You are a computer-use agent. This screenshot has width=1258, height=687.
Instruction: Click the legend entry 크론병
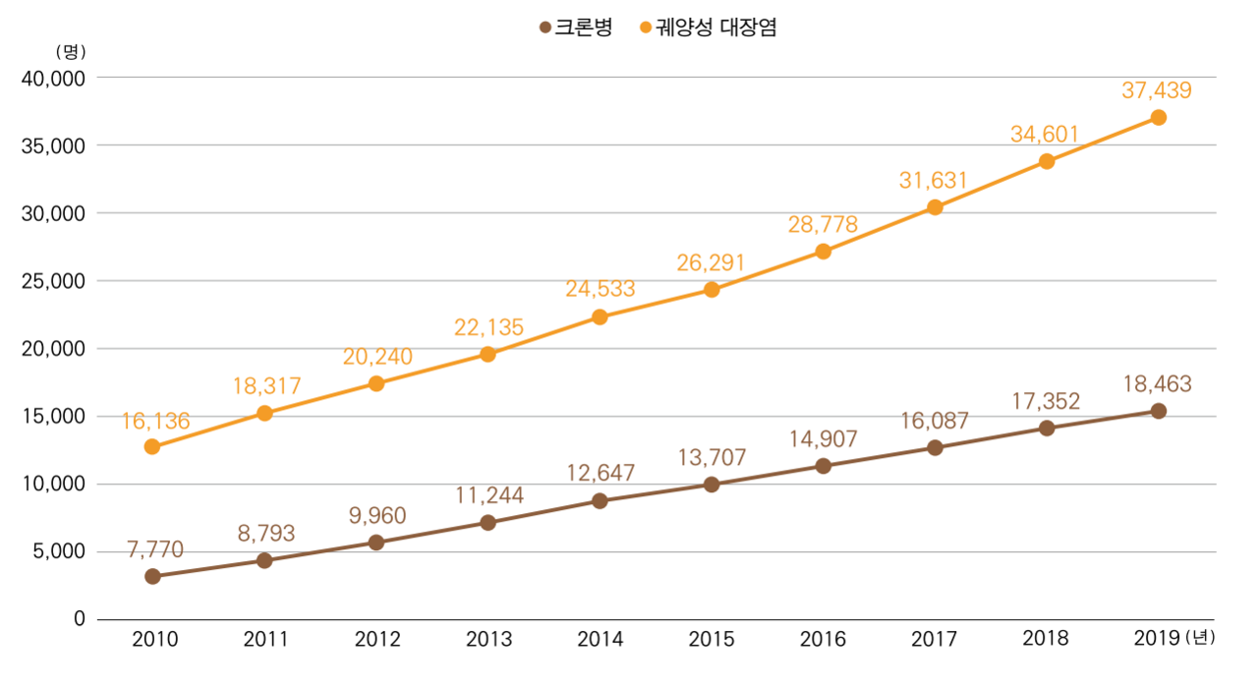(x=576, y=28)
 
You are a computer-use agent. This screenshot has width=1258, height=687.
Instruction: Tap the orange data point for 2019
(x=1158, y=117)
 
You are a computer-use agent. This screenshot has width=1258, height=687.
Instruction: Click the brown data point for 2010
(x=152, y=577)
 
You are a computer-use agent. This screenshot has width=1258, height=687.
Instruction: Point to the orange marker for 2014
(x=600, y=316)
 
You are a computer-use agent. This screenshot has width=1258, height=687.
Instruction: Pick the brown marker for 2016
(x=823, y=466)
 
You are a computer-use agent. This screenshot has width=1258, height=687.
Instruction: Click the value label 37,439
(x=1157, y=90)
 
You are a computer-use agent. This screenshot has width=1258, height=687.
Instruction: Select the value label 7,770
(x=154, y=549)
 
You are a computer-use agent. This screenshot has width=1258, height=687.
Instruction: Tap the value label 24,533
(x=600, y=289)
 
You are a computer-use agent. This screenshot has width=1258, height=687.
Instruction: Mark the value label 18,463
(x=1157, y=384)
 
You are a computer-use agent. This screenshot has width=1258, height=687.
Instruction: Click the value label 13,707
(x=711, y=457)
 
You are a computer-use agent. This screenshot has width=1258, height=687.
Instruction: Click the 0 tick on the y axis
(x=80, y=619)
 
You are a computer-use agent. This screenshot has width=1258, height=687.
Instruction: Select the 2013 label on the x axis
(x=488, y=641)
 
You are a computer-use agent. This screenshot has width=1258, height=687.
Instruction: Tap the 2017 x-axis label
(x=935, y=641)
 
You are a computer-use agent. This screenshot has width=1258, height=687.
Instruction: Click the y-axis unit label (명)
(x=73, y=51)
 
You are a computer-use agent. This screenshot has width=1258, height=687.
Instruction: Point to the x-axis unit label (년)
(x=1201, y=640)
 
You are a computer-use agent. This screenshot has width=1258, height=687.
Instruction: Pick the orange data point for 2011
(x=264, y=413)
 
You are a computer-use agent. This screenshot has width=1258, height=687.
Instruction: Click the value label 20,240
(x=377, y=357)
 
